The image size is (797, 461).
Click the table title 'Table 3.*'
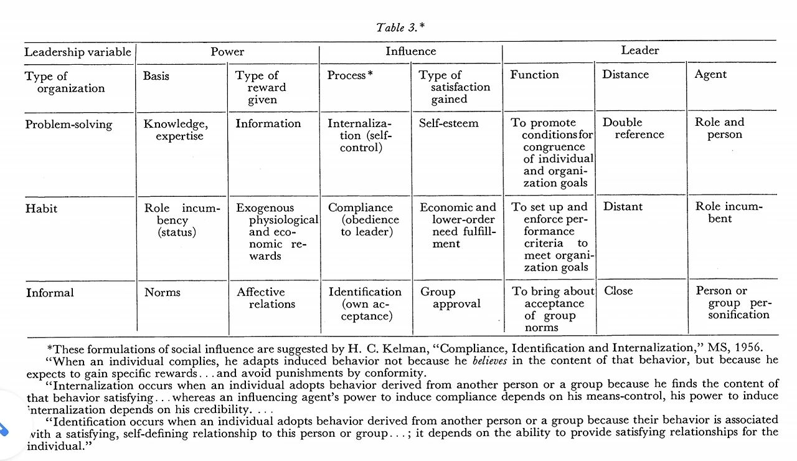coord(401,27)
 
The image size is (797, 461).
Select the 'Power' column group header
coord(227,52)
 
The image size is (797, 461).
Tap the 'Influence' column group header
coord(410,52)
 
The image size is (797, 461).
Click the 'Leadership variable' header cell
coord(78,52)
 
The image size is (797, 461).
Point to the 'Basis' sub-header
coord(156,76)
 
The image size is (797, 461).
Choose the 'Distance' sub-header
coord(625,75)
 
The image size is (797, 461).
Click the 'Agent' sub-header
coord(710,75)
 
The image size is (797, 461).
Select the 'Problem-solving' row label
coord(68,125)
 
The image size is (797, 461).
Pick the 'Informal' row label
coord(50,292)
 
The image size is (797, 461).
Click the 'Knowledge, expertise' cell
coord(176,130)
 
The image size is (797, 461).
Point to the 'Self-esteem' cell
coord(448,123)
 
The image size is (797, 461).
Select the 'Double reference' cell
coord(633,128)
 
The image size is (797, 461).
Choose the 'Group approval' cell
coord(450,298)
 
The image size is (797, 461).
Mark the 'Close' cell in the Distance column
coord(618,291)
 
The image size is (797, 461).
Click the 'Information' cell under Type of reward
coord(268,123)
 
